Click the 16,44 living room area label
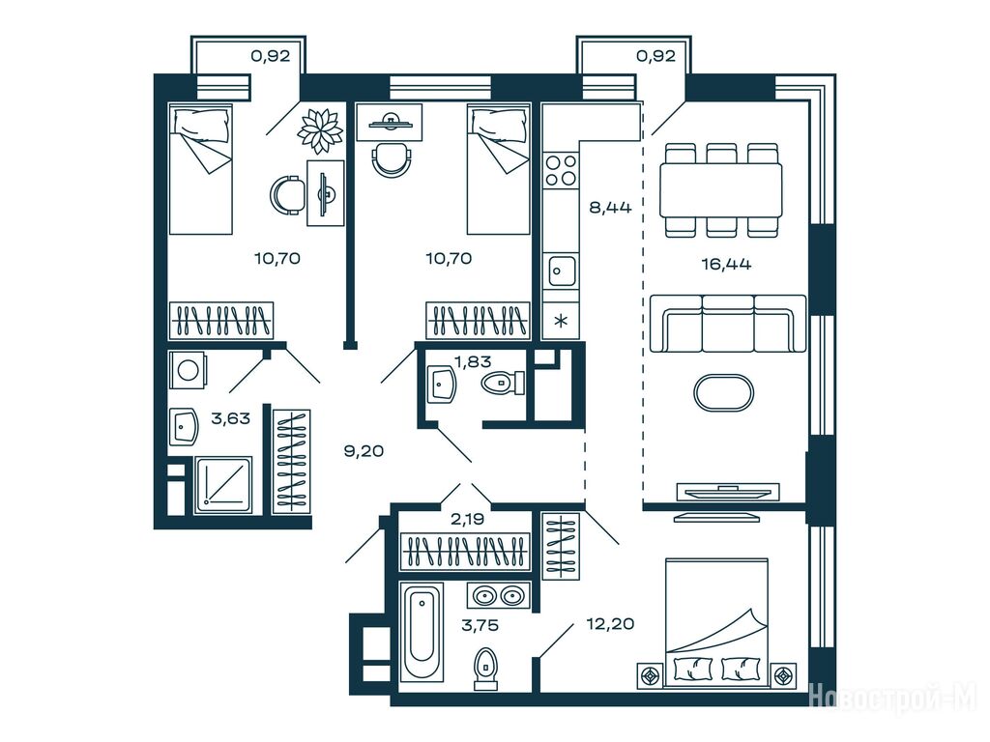pyautogui.click(x=726, y=264)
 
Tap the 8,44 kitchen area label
pyautogui.click(x=610, y=207)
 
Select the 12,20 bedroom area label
pyautogui.click(x=610, y=624)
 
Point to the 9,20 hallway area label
pyautogui.click(x=364, y=450)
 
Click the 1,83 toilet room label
pyautogui.click(x=473, y=361)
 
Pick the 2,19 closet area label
pyautogui.click(x=467, y=519)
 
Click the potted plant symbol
pyautogui.click(x=320, y=130)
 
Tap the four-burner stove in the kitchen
pyautogui.click(x=561, y=170)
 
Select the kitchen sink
pyautogui.click(x=561, y=271)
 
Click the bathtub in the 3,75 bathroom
pyautogui.click(x=422, y=632)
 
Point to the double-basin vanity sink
pyautogui.click(x=498, y=595)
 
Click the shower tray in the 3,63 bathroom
pyautogui.click(x=223, y=485)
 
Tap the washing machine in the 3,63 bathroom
pyautogui.click(x=188, y=369)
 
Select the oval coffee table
pyautogui.click(x=723, y=393)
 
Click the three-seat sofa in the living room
pyautogui.click(x=728, y=323)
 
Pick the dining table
pyautogui.click(x=720, y=190)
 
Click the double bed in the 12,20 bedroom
pyautogui.click(x=716, y=621)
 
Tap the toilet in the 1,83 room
pyautogui.click(x=503, y=383)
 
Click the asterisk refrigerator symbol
pyautogui.click(x=561, y=320)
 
